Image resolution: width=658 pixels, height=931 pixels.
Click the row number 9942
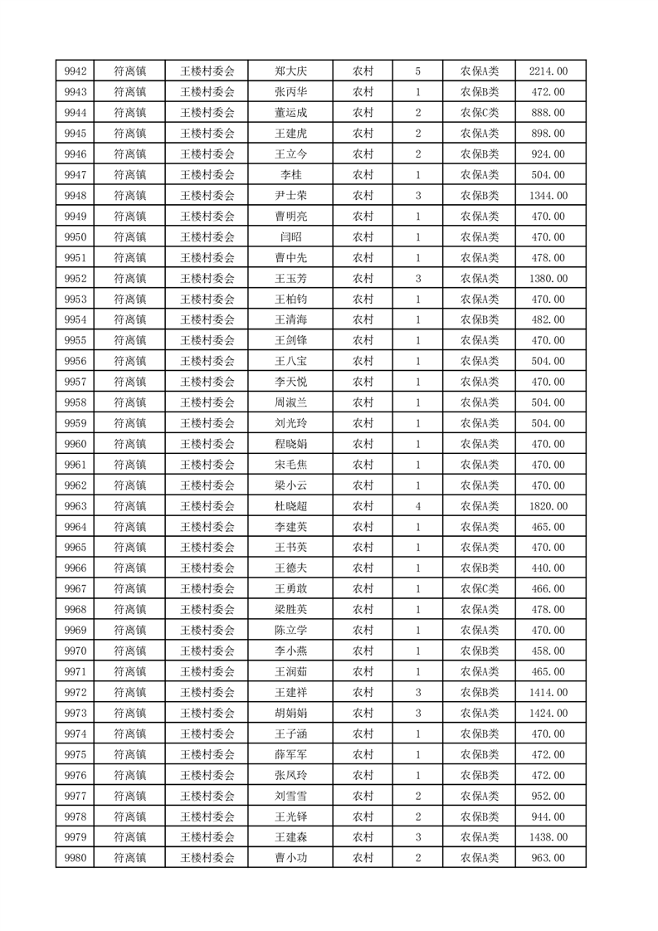(x=76, y=71)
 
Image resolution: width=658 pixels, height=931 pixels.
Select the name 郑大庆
(x=290, y=71)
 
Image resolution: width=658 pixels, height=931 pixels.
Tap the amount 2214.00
(x=548, y=71)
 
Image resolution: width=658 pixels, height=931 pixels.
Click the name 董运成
(x=290, y=113)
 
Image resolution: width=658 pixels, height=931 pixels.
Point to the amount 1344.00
(x=548, y=196)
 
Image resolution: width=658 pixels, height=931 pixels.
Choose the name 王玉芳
(x=290, y=279)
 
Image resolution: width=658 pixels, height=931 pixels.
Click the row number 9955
(x=76, y=340)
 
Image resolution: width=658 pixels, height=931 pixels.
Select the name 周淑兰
(x=290, y=402)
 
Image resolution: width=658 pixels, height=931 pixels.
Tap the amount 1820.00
(x=548, y=506)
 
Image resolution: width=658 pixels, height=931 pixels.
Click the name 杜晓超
(x=290, y=506)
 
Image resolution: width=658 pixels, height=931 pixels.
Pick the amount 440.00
(x=548, y=568)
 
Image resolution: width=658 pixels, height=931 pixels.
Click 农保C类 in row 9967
(x=480, y=588)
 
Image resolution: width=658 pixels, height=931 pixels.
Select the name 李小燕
(x=290, y=651)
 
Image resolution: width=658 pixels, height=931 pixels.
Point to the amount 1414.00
(x=548, y=692)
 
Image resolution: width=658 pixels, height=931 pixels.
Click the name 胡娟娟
(x=290, y=713)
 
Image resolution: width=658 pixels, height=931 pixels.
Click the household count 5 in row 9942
(x=417, y=71)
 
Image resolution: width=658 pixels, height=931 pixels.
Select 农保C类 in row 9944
(x=480, y=113)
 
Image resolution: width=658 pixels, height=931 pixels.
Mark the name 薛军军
(x=290, y=754)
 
